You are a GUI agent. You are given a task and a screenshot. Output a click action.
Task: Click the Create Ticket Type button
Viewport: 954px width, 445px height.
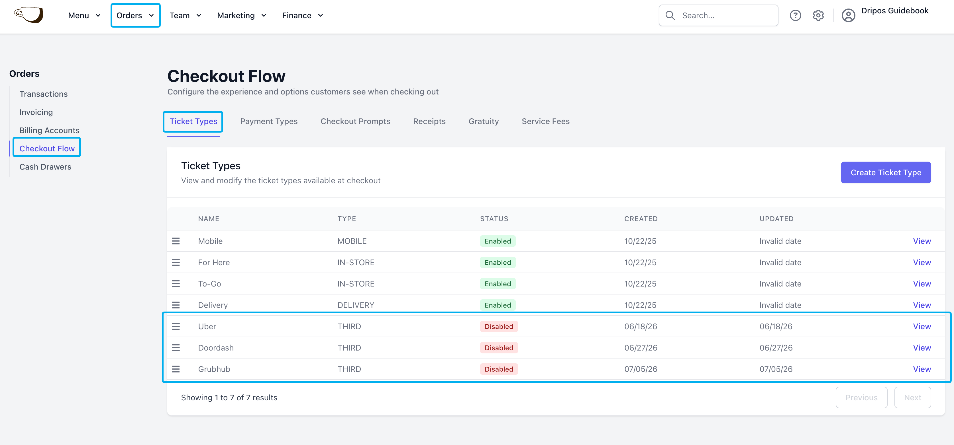pos(886,172)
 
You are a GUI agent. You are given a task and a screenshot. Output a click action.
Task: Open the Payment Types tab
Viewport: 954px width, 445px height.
pos(269,121)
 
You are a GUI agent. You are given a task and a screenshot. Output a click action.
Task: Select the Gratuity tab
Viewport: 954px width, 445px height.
pos(484,121)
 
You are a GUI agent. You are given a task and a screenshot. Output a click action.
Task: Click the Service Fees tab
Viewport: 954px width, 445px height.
pos(545,121)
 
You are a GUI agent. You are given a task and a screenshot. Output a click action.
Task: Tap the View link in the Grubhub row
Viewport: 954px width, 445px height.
pos(922,369)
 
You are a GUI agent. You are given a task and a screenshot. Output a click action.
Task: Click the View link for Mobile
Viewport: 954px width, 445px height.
pos(922,241)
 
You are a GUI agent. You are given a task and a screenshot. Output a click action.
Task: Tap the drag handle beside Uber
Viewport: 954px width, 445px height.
pos(176,326)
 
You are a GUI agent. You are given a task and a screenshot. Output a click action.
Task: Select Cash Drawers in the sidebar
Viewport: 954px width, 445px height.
pos(45,167)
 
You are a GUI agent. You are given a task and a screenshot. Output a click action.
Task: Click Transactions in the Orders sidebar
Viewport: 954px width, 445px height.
pos(43,94)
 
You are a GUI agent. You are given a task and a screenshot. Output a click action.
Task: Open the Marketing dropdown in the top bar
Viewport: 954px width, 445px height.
pos(241,16)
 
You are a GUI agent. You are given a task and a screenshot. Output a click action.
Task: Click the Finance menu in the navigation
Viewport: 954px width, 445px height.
pos(302,16)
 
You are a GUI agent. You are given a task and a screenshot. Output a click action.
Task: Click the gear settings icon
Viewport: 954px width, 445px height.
pos(818,16)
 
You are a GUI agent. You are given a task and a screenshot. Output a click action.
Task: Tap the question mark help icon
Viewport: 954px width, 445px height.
pos(795,16)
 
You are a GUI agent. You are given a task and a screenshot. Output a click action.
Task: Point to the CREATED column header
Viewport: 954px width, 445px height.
pos(641,219)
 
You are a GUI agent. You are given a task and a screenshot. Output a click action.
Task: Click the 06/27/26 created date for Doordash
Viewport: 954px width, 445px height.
pos(641,348)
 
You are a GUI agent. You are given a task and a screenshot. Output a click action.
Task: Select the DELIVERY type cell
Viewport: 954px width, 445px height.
pos(356,305)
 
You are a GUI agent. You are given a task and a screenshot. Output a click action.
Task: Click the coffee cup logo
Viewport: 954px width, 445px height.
pos(29,15)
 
